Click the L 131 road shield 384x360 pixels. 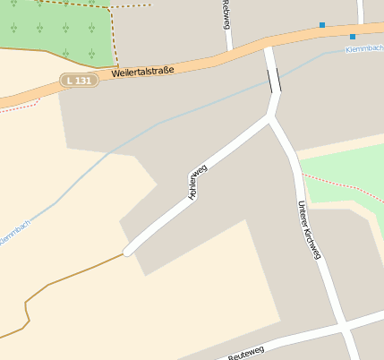(x=79, y=81)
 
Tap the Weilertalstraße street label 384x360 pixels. (x=143, y=69)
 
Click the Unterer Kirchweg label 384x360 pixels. (x=308, y=230)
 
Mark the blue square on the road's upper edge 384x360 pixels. (x=322, y=25)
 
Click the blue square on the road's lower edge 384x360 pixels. (x=353, y=37)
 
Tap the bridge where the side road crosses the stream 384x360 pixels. (x=273, y=81)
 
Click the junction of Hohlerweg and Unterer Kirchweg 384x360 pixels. (x=272, y=116)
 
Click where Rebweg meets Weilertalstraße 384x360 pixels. (x=230, y=47)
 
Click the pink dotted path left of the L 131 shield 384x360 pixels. (x=22, y=104)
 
